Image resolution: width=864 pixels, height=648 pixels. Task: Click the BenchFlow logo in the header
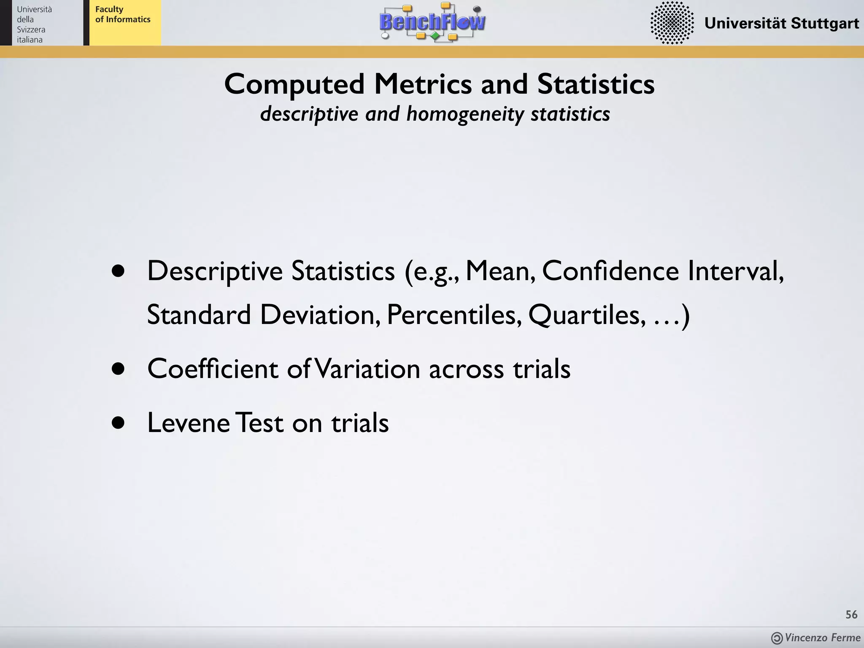click(432, 22)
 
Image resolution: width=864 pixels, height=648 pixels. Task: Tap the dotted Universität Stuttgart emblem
click(672, 23)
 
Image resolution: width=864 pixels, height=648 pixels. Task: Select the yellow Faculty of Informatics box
click(125, 23)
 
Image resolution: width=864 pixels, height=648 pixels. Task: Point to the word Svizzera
click(31, 30)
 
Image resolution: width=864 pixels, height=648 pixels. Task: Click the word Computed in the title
click(294, 84)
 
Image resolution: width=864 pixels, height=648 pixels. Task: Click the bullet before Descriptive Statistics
click(119, 271)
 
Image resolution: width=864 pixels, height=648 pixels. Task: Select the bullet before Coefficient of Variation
click(119, 369)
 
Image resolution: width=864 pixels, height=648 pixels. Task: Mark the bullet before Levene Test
click(119, 423)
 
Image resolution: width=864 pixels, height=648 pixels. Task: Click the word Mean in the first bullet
click(500, 271)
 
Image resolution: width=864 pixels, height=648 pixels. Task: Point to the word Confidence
click(610, 271)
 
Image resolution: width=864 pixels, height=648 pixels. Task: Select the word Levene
click(189, 423)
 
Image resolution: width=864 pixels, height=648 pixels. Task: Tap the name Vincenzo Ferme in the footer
click(823, 638)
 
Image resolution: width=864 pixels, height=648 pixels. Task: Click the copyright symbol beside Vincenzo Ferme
click(777, 638)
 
